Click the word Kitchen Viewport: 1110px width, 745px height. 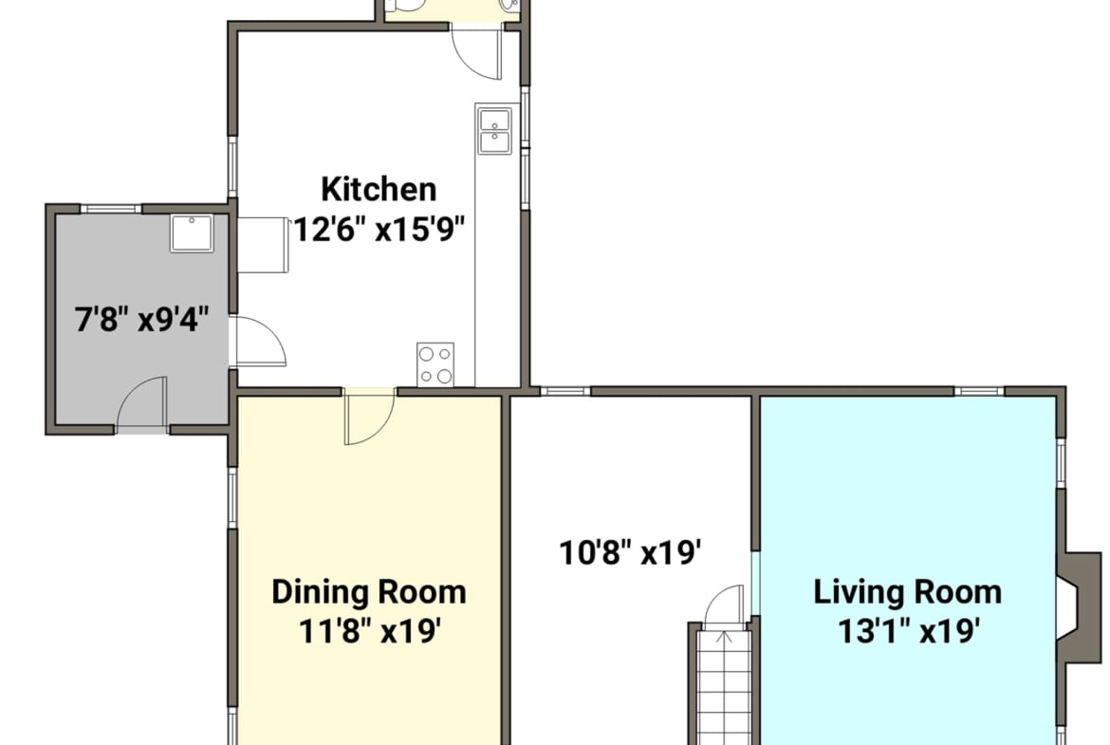coord(379,190)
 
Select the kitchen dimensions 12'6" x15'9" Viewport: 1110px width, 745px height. coord(379,230)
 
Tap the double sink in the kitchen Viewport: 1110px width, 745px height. coord(495,131)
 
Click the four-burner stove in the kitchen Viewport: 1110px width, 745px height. coord(435,364)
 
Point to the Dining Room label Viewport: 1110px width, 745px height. coord(369,592)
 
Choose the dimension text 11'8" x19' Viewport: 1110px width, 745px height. coord(370,630)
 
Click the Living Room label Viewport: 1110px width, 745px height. coord(908,592)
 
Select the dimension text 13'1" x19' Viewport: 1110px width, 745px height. coord(909,630)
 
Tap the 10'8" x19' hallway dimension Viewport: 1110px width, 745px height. coord(630,552)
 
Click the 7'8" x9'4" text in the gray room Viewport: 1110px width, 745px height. coord(142,320)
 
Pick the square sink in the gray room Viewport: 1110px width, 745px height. coord(191,233)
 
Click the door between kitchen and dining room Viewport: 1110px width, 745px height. coord(368,417)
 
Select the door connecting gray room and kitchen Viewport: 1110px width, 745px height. coord(258,342)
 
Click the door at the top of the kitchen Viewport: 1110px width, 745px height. coord(477,52)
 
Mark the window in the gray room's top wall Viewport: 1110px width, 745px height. coord(110,208)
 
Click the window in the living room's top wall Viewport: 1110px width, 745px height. coord(979,391)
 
